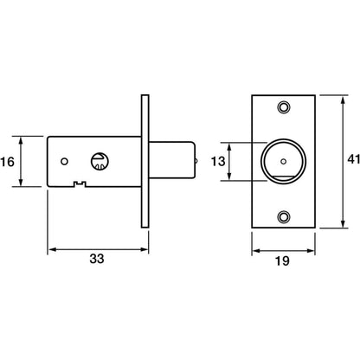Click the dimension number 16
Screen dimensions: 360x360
[x=7, y=162]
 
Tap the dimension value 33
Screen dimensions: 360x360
[x=97, y=259]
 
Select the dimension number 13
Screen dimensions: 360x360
[x=218, y=162]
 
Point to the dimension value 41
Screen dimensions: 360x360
[x=354, y=159]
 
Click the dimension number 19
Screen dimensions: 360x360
[x=282, y=261]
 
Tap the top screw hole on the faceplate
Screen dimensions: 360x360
[x=284, y=107]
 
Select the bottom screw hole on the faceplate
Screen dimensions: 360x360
[x=284, y=216]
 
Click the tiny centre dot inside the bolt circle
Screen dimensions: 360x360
[x=284, y=162]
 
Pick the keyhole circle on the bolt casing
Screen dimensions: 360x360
[x=100, y=161]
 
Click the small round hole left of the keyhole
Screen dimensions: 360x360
[x=65, y=162]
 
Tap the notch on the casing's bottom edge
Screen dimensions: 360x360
[x=80, y=183]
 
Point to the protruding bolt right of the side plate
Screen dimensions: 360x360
[x=171, y=161]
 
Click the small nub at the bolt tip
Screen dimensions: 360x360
[x=196, y=161]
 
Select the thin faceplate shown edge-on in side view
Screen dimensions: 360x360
[x=145, y=161]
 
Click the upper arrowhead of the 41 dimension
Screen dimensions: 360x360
[x=343, y=100]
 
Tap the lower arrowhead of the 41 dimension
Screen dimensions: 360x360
[x=343, y=224]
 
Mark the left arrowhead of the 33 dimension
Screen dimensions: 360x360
[x=52, y=249]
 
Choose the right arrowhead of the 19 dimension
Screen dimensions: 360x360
[x=311, y=251]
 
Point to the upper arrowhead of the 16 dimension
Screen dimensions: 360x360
[x=21, y=141]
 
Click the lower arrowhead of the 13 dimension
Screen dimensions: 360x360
[x=229, y=177]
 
